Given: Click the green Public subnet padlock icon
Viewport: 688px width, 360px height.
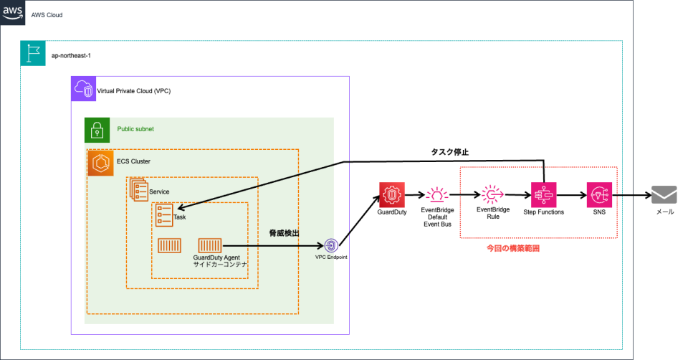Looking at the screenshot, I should coord(97,130).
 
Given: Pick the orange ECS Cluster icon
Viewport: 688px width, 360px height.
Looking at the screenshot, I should coord(100,163).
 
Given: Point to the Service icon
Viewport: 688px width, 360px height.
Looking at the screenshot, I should coord(138,190).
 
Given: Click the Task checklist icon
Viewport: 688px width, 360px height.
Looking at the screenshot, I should coord(164,215).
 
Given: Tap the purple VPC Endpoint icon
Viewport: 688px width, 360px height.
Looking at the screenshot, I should coord(331,245).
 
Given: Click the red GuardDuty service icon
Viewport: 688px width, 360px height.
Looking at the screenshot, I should coord(391,194).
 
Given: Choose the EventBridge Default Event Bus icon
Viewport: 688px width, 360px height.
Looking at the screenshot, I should coord(435,194).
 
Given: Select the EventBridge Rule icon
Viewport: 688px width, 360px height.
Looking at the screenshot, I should coord(493,194).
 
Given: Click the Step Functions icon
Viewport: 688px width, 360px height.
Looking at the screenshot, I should coord(543,194).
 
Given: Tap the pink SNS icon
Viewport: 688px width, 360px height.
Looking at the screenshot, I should coord(599,194).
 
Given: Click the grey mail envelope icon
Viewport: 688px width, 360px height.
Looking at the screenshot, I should coord(664,194).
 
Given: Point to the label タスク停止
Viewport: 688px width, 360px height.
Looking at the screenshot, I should coord(449,152).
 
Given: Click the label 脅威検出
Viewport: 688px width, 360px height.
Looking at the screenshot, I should coord(284,234).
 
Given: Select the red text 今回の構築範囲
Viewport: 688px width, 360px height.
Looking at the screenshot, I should coord(512,248).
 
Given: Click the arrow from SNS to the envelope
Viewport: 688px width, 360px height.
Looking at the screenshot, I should coord(631,194).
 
